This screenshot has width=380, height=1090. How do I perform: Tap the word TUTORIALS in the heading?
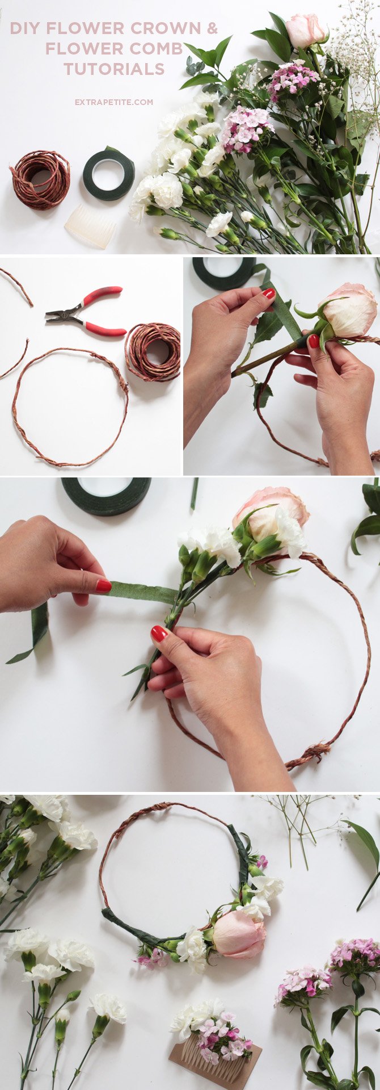[x=114, y=69]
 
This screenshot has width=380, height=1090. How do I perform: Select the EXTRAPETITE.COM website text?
[x=114, y=102]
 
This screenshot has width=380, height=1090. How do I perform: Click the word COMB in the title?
[x=159, y=49]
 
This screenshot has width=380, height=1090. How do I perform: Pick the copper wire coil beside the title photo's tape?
[x=40, y=179]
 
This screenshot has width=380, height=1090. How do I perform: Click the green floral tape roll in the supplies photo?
[x=109, y=175]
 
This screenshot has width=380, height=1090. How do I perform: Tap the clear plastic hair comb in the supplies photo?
[x=91, y=226]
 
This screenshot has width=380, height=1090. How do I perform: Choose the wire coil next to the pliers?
[x=153, y=352]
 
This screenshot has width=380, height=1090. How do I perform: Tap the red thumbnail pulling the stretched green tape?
[x=103, y=586]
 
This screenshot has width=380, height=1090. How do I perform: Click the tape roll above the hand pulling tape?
[x=106, y=495]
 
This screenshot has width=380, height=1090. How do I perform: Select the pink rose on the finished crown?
[x=238, y=934]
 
